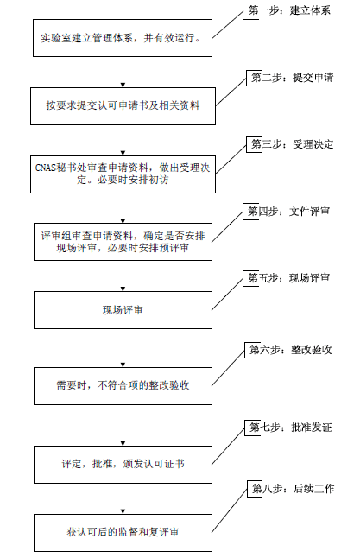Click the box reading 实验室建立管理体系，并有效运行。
[123, 38]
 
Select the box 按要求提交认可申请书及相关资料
[123, 106]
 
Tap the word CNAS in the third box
[46, 168]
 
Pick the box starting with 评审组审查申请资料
[123, 242]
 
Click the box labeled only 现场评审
[123, 310]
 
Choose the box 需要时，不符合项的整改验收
[123, 386]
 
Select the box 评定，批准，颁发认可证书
[123, 465]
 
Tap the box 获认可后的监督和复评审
[123, 533]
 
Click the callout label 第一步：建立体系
[289, 10]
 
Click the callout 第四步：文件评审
[288, 212]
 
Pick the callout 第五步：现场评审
[288, 278]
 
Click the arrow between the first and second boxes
[123, 73]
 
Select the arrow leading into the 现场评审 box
[123, 276]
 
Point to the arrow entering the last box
[123, 498]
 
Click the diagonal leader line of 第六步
[229, 367]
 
